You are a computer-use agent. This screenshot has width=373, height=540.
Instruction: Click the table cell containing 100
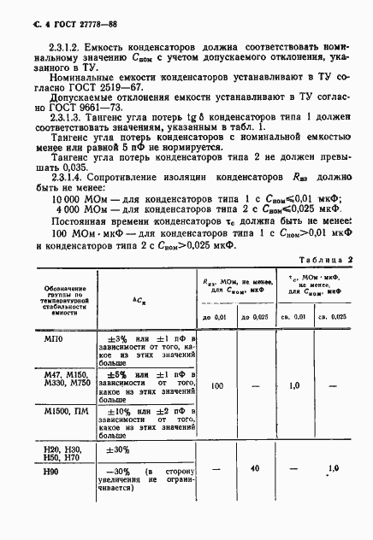pos(216,386)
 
